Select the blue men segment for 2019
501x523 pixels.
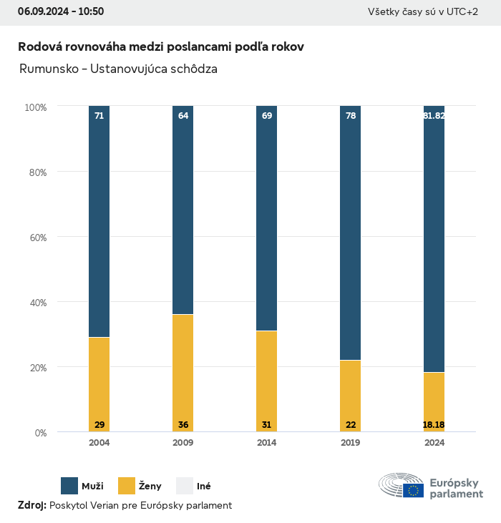pos(351,236)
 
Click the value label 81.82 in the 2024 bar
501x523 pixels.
pos(434,115)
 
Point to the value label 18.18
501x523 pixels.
pos(434,425)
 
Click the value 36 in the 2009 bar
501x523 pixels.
pos(183,425)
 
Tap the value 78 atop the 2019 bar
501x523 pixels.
pos(351,115)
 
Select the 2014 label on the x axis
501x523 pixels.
pos(267,443)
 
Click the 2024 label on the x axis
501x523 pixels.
pos(434,443)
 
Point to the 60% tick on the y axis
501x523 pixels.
pos(37,237)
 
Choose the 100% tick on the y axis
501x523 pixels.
pos(35,107)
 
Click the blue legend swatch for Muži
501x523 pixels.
pos(69,486)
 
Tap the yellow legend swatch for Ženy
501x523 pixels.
pos(127,486)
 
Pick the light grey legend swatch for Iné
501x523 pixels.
pos(185,486)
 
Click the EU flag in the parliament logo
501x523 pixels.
pos(413,490)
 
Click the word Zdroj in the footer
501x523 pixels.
pos(31,505)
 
